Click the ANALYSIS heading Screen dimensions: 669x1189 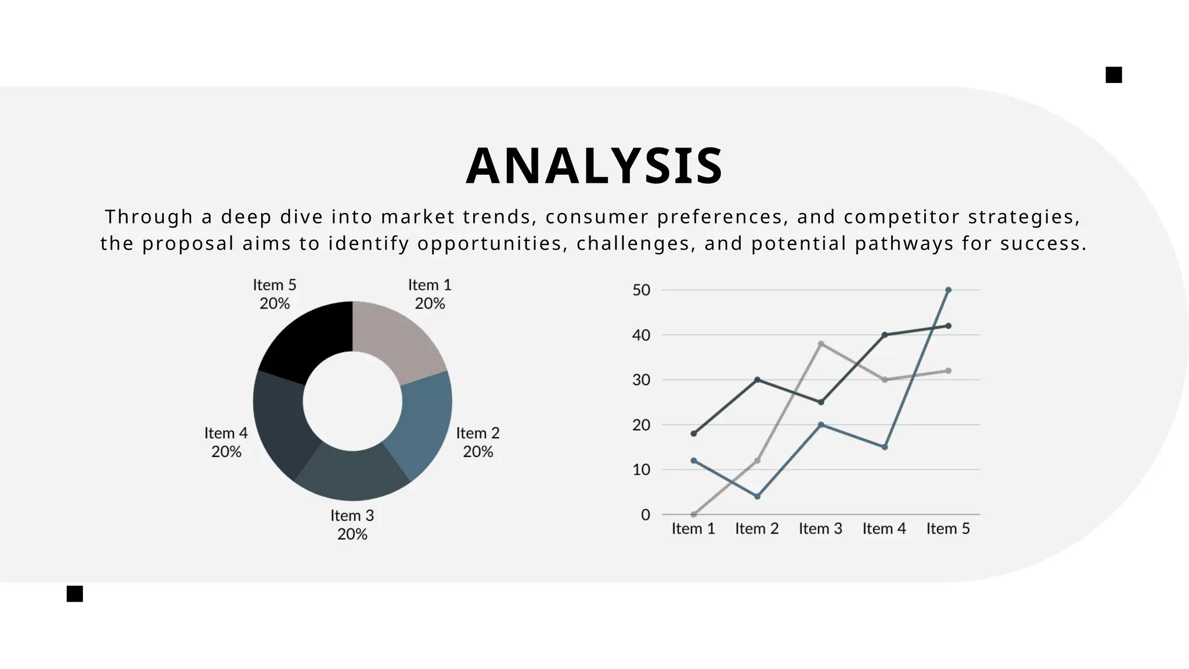[x=594, y=167]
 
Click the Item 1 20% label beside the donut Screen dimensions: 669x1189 [x=430, y=294]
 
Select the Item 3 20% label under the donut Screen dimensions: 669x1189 [x=352, y=524]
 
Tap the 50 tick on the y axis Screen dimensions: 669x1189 [x=642, y=290]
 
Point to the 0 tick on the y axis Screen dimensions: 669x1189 [x=646, y=515]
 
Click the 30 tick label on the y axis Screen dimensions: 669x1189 [x=642, y=380]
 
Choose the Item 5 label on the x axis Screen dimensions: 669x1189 [x=948, y=528]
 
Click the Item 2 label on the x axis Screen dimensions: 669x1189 [x=757, y=528]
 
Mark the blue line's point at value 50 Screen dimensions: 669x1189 [x=948, y=290]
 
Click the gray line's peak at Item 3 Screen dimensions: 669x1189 [x=821, y=344]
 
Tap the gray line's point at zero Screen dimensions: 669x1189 [x=694, y=515]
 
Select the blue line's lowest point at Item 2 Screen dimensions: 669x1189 [x=757, y=497]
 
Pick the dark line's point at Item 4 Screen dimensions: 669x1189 [x=885, y=335]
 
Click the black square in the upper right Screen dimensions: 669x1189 [x=1114, y=75]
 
